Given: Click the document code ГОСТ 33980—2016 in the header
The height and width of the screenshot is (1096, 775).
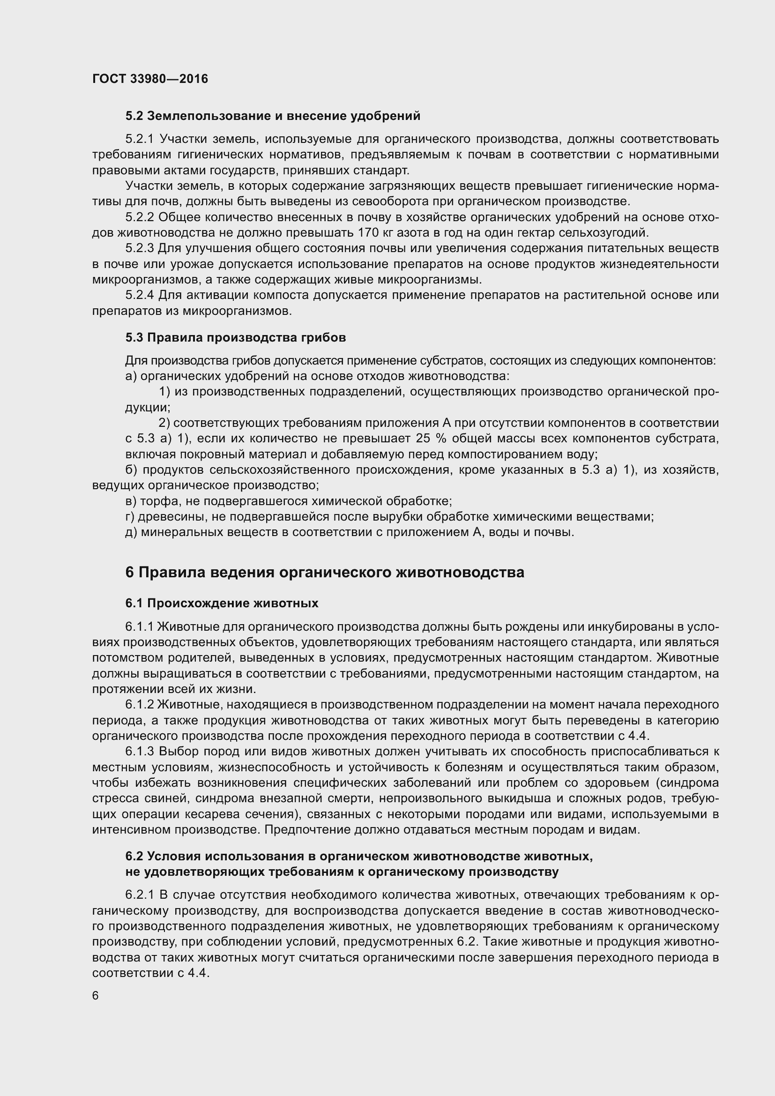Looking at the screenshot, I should [x=150, y=79].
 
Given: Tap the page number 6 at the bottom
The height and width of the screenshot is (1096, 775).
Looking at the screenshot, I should [x=96, y=995].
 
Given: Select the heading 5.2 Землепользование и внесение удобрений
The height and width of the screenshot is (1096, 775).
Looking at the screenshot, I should [x=273, y=116].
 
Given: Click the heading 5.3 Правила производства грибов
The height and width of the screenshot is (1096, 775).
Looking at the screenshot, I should [x=236, y=337].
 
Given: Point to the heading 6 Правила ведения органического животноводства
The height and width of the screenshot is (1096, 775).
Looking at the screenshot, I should [x=325, y=572].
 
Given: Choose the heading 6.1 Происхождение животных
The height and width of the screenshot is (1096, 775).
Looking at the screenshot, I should [x=222, y=604].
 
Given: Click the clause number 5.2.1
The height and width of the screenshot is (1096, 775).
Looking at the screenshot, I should [x=139, y=139].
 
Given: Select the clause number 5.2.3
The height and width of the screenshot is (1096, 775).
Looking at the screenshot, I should [x=139, y=248].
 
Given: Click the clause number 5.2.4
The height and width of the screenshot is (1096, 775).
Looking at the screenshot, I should [x=139, y=295].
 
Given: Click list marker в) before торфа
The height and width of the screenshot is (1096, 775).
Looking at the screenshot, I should [x=131, y=501].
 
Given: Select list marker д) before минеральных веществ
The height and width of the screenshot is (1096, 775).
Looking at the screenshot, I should [x=131, y=532].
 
